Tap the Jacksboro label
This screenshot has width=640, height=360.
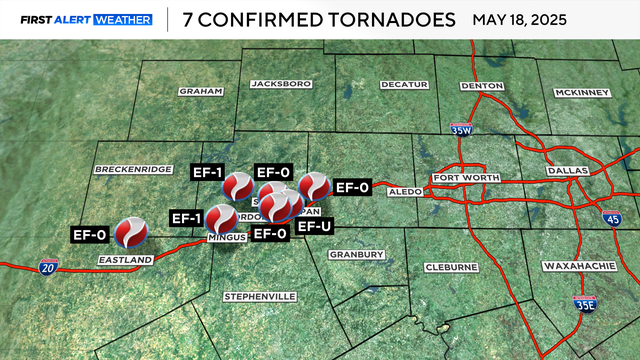coord(275,84)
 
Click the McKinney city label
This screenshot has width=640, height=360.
coord(581,93)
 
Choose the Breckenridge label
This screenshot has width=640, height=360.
coord(134,170)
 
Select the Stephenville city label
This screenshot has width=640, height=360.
coord(260,297)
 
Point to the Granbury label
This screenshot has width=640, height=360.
coord(356,255)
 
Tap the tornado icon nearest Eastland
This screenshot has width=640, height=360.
coord(131,233)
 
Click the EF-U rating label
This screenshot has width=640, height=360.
coord(315,227)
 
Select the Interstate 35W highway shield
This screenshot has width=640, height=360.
coord(461,130)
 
